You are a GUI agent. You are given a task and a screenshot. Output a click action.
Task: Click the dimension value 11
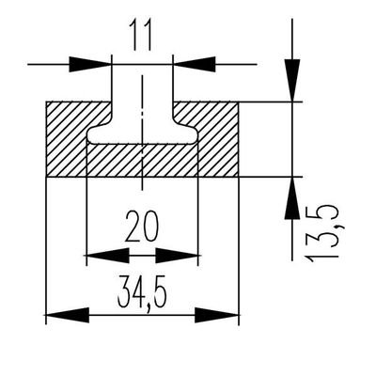[142, 34]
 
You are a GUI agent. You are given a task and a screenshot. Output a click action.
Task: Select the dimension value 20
[142, 227]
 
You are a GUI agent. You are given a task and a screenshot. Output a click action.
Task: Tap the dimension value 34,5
[142, 292]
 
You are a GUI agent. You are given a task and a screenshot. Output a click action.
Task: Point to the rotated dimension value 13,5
[321, 233]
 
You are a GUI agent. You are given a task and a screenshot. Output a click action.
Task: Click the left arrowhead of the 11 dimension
[90, 64]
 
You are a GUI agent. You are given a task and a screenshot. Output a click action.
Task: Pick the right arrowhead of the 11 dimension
[194, 64]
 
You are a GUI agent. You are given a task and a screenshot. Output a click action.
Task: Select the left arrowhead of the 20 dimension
[107, 256]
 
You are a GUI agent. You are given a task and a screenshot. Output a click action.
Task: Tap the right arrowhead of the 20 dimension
[177, 256]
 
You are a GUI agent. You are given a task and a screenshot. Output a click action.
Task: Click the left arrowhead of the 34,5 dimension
[68, 315]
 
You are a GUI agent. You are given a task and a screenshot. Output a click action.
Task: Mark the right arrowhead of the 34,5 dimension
[217, 315]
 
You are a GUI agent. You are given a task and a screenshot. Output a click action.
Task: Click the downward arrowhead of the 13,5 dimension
[292, 80]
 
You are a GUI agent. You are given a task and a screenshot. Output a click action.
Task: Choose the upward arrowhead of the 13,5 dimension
[292, 198]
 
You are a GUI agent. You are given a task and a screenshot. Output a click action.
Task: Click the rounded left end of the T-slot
[89, 135]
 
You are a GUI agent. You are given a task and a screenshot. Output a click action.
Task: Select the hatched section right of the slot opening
[218, 139]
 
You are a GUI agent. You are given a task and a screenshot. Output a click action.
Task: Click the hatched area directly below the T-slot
[142, 161]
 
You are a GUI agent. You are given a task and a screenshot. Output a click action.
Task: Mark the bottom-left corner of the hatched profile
[46, 177]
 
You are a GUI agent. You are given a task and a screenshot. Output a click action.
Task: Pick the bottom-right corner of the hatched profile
[239, 177]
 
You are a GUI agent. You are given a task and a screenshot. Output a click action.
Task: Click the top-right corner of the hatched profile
[239, 102]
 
